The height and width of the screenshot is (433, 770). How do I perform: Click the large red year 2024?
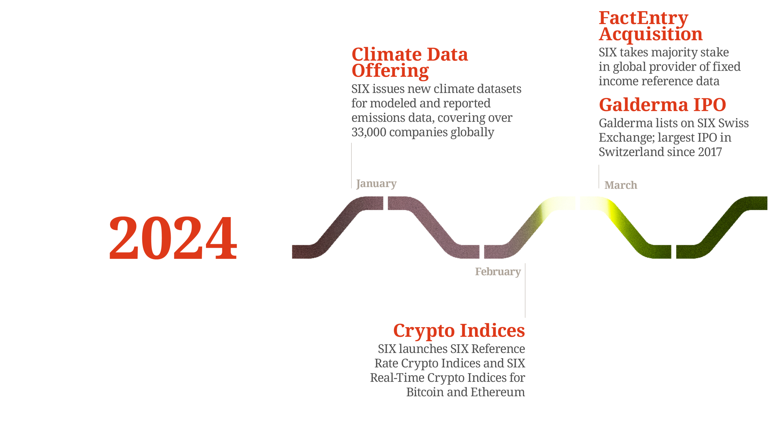pyautogui.click(x=173, y=238)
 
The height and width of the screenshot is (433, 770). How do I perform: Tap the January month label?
pyautogui.click(x=376, y=184)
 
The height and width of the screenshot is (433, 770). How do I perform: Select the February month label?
pyautogui.click(x=498, y=272)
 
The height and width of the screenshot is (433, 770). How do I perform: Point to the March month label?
pyautogui.click(x=621, y=185)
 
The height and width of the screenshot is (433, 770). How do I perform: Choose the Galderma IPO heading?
pyautogui.click(x=662, y=105)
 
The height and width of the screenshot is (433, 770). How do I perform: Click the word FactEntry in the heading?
pyautogui.click(x=643, y=18)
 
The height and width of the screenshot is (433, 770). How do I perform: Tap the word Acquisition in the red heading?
pyautogui.click(x=651, y=34)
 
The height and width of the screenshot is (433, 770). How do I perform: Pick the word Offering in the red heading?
pyautogui.click(x=390, y=71)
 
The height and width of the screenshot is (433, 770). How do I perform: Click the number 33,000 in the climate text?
pyautogui.click(x=369, y=132)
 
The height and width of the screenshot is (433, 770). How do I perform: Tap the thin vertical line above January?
pyautogui.click(x=351, y=166)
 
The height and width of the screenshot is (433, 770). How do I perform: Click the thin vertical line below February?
pyautogui.click(x=525, y=290)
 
